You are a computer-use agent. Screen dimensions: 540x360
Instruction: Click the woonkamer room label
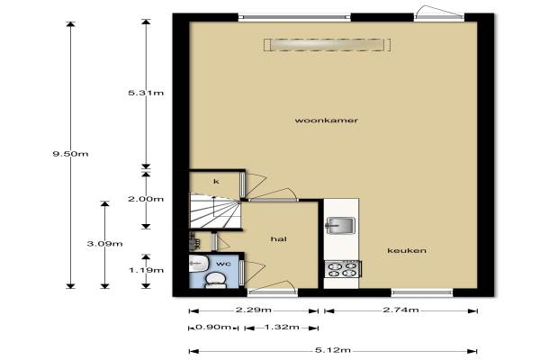click(x=326, y=121)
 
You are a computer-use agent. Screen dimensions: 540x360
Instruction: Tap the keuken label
click(x=407, y=250)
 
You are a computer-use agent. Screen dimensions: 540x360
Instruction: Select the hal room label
click(x=279, y=238)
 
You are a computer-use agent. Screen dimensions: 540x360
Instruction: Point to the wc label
click(x=223, y=264)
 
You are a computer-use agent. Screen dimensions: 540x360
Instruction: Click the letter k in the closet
click(x=216, y=181)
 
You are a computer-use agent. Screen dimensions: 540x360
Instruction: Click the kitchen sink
click(x=340, y=226)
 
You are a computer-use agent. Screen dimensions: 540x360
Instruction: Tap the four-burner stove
click(x=342, y=269)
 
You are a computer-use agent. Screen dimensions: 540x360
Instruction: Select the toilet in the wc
click(x=215, y=280)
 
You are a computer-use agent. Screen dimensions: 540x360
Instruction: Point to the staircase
click(x=215, y=211)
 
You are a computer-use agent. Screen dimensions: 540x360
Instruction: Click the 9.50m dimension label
click(x=70, y=154)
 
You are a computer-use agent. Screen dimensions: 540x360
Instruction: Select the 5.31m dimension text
click(x=146, y=93)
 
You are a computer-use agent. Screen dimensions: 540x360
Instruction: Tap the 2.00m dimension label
click(x=146, y=199)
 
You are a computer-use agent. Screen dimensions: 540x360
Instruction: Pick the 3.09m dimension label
click(x=104, y=244)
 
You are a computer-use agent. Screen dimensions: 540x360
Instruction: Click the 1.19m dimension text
click(x=146, y=270)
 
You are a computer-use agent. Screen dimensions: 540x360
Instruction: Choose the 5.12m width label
click(x=333, y=350)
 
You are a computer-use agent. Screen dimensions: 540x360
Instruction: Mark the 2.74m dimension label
click(x=400, y=310)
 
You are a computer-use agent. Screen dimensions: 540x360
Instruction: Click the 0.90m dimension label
click(x=212, y=327)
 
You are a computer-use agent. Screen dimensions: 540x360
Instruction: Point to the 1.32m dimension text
click(x=282, y=327)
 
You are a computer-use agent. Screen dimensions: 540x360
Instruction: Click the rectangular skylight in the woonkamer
click(x=328, y=45)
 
